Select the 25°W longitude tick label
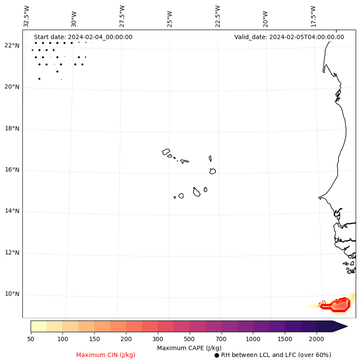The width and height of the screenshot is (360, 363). [170, 17]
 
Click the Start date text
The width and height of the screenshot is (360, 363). [83, 37]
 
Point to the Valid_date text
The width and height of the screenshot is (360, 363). [289, 37]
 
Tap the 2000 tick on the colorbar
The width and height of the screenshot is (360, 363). [317, 339]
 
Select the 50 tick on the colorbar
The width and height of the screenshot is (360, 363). [31, 339]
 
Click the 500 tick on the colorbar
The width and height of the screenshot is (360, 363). [189, 339]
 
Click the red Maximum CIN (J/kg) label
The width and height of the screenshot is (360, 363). [106, 355]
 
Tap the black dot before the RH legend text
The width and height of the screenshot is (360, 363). [217, 355]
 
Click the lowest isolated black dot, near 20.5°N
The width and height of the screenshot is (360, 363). [39, 79]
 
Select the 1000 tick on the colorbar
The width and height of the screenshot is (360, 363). [253, 339]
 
